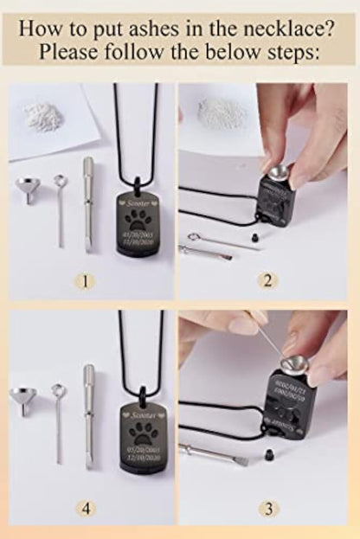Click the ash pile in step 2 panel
coord(216,110)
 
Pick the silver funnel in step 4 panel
coord(25,401)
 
